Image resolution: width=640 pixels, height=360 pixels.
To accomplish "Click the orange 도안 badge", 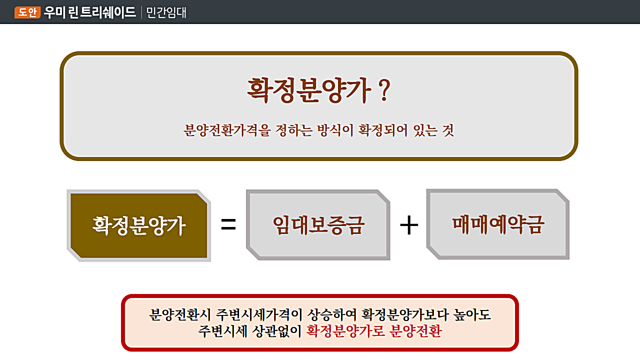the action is click(x=27, y=12).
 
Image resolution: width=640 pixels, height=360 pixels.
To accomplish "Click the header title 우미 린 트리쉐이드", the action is click(x=90, y=12).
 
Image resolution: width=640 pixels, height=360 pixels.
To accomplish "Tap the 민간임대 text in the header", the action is click(x=166, y=12).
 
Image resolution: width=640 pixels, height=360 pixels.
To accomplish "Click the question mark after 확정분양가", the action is click(x=384, y=90).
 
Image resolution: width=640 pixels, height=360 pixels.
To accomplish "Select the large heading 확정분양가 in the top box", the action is click(x=309, y=90).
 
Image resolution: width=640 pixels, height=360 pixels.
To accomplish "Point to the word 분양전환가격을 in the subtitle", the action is click(x=227, y=130).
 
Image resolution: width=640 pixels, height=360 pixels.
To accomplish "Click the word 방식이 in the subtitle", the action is click(x=335, y=130).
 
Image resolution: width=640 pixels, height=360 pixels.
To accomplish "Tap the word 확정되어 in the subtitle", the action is click(x=383, y=130).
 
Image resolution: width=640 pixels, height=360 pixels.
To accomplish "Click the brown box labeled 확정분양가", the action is click(x=139, y=225).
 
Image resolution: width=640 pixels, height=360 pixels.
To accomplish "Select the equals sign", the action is click(x=228, y=224).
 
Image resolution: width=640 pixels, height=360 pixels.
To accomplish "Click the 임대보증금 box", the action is click(x=318, y=225).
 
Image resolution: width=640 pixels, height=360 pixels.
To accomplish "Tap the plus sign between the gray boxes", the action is click(x=409, y=225).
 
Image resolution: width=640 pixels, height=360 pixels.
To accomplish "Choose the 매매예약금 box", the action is click(x=497, y=224).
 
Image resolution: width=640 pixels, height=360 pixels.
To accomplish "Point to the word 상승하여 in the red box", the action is click(x=332, y=315).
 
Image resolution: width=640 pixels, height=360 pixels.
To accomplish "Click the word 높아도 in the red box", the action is click(x=472, y=315).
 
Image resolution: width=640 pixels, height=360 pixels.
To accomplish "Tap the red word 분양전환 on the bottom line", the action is click(x=415, y=331).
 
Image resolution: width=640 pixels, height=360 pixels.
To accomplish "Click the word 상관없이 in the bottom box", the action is click(x=277, y=331).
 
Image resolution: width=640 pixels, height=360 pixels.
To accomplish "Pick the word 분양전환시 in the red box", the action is click(x=180, y=315).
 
